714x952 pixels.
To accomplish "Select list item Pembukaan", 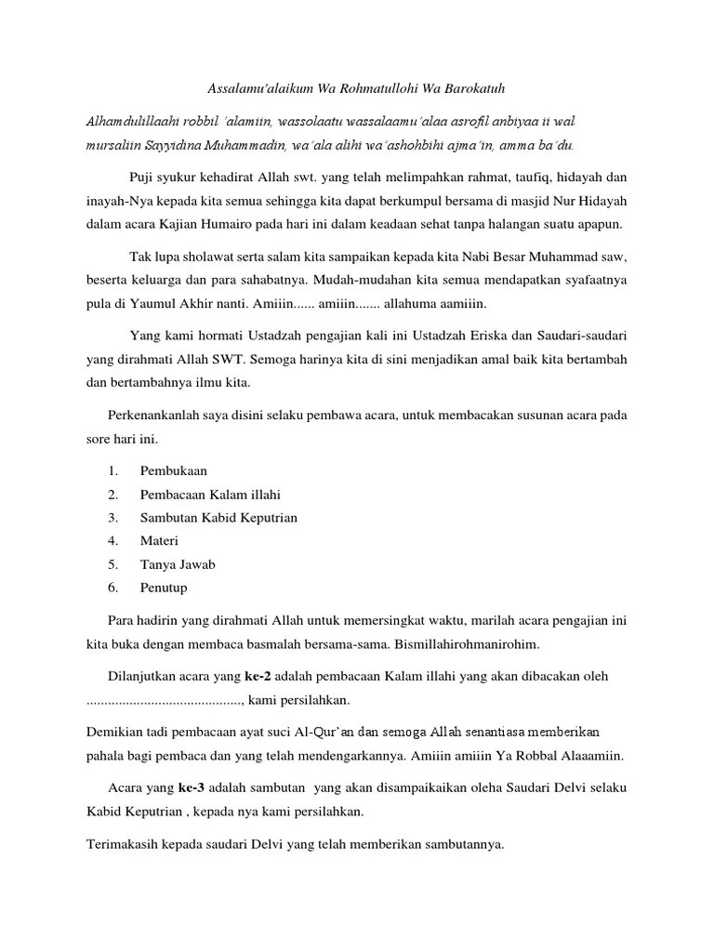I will [174, 470].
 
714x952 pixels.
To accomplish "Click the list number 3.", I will [112, 517].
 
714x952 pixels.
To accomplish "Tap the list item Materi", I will [159, 540].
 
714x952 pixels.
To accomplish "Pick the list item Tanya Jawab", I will [176, 563].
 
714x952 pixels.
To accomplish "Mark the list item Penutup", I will [164, 587].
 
